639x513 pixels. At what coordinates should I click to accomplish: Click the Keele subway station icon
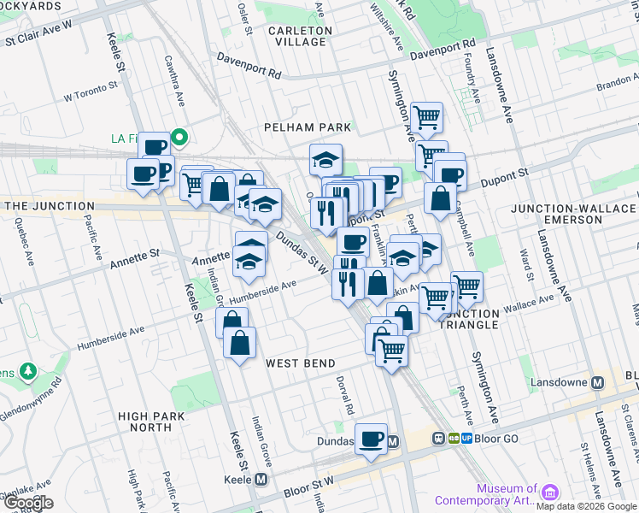(x=260, y=480)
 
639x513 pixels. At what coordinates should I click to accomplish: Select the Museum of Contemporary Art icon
(x=549, y=493)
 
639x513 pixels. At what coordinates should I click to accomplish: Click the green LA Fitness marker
(x=179, y=136)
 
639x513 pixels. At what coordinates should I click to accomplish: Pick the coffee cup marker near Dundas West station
(x=371, y=439)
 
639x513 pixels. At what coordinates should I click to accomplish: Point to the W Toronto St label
(x=90, y=92)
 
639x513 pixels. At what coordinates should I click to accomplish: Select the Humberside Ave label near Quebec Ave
(x=111, y=339)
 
